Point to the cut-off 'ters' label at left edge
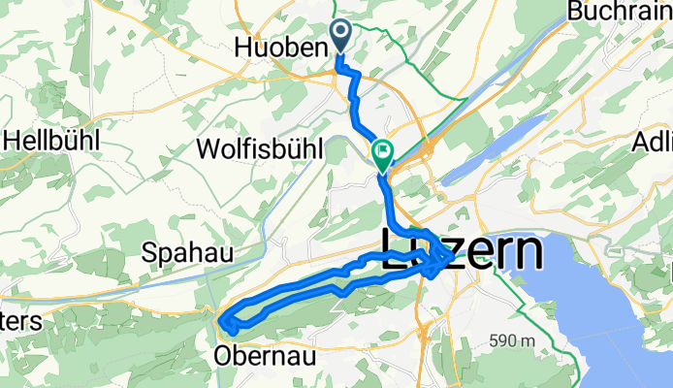click(20, 322)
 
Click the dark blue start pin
click(341, 35)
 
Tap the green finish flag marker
click(382, 153)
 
